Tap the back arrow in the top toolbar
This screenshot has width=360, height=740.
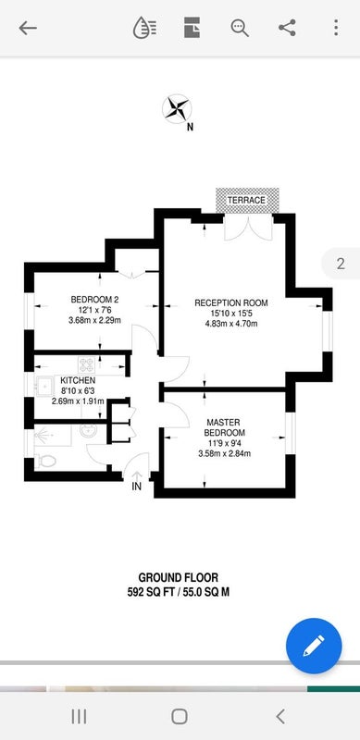tap(28, 29)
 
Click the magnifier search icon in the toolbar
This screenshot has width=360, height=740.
tap(240, 28)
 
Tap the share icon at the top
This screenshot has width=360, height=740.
tap(287, 28)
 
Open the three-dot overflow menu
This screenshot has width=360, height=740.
tap(336, 28)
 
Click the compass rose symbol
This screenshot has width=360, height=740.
tap(176, 109)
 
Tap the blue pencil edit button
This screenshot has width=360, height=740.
tap(314, 646)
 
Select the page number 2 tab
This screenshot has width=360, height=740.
tap(341, 264)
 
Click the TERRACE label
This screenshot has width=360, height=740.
tap(246, 200)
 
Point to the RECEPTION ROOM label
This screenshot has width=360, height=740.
tap(231, 302)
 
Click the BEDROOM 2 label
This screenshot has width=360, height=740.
tap(94, 299)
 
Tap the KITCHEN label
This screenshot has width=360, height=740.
tap(78, 380)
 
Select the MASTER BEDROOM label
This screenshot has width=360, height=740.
tap(224, 427)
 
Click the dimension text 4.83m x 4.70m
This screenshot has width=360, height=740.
tap(231, 324)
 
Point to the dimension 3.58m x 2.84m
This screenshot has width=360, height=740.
tap(224, 454)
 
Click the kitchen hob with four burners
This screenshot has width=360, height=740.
tap(86, 364)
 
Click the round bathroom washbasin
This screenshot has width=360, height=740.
tap(88, 431)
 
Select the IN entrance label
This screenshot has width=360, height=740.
tap(137, 487)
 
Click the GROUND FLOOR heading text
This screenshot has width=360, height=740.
tap(179, 577)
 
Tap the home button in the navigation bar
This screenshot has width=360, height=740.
tap(180, 716)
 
